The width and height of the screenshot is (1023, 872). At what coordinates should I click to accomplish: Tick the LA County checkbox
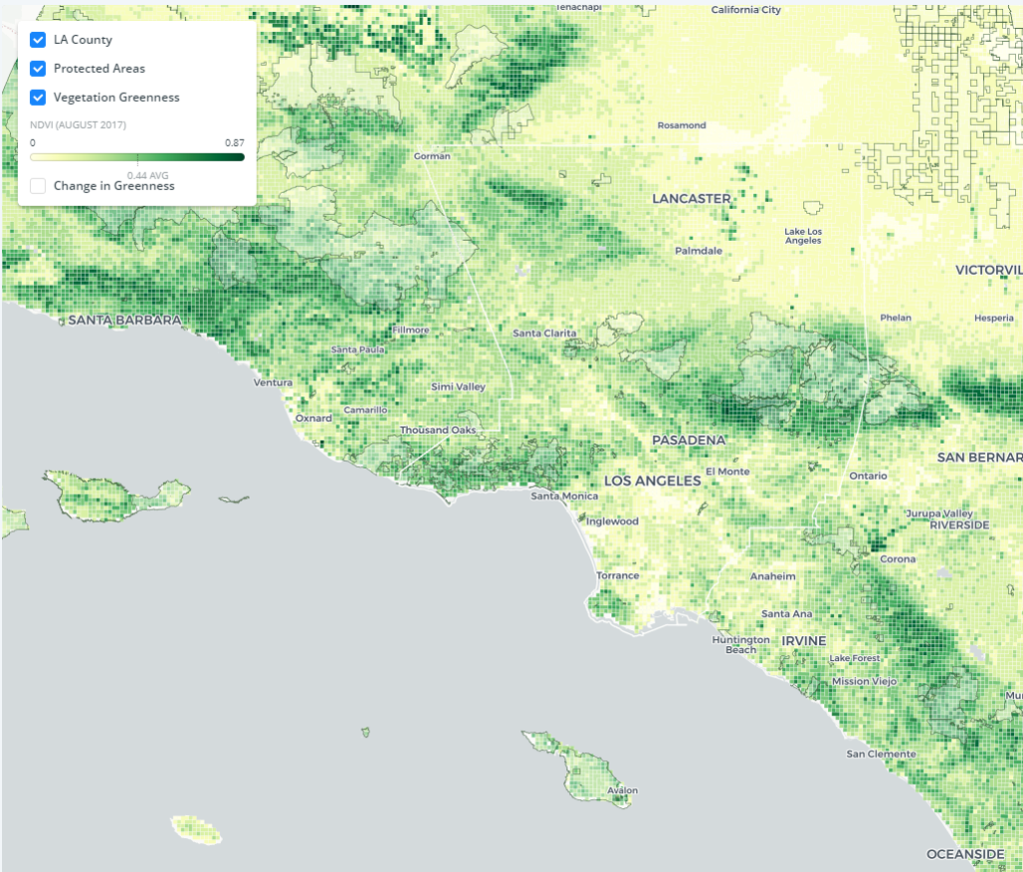(38, 40)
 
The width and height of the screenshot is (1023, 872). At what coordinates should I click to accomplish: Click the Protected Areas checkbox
(38, 69)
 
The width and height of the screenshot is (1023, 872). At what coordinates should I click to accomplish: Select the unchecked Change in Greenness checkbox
(38, 186)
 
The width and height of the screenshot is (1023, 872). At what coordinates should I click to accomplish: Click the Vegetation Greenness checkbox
(38, 98)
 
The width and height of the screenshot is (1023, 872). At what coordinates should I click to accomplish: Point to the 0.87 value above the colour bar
(236, 143)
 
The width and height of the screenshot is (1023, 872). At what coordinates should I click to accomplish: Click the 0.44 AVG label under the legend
(147, 175)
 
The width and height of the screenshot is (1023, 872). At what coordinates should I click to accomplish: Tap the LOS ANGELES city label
(652, 480)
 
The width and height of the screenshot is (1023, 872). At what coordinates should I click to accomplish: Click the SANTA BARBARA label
(125, 321)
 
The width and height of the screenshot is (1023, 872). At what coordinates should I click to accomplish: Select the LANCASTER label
(691, 199)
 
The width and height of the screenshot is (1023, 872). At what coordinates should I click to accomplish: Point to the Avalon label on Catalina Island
(622, 790)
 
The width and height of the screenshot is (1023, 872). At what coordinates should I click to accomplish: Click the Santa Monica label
(564, 496)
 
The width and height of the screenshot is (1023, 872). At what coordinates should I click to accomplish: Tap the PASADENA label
(688, 439)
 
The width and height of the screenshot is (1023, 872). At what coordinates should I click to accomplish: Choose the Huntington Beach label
(740, 644)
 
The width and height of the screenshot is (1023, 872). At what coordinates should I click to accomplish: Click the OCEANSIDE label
(965, 854)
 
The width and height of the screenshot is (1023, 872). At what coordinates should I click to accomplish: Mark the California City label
(745, 10)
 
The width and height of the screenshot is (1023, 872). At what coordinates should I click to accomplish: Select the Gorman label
(433, 156)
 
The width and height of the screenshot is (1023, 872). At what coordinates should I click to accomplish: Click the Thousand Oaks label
(438, 430)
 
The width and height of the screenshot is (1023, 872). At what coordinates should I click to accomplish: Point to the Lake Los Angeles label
(803, 236)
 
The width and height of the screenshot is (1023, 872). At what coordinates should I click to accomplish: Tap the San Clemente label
(879, 753)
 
